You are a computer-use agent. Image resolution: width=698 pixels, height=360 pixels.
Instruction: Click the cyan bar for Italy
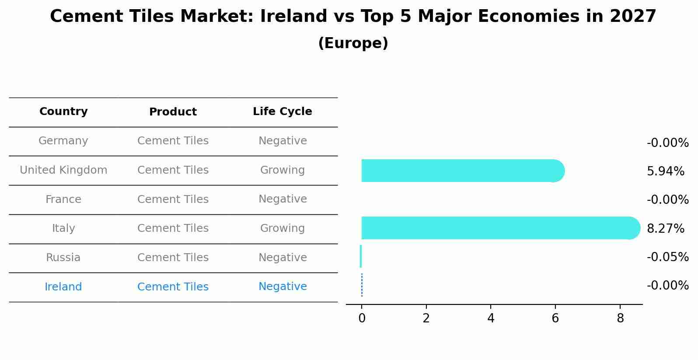(499, 228)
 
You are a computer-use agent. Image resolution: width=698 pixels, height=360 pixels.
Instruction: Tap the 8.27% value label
(665, 228)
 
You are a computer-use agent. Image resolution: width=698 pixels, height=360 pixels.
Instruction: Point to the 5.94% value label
(665, 171)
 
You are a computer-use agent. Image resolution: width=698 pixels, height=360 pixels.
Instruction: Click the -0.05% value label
(667, 257)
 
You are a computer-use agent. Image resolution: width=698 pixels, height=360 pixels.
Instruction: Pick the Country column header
(63, 112)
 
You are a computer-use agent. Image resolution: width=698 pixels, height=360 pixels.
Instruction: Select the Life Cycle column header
(282, 112)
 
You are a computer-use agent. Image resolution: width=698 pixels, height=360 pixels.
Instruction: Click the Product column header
(173, 112)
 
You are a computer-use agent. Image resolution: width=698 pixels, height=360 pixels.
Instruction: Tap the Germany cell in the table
(63, 141)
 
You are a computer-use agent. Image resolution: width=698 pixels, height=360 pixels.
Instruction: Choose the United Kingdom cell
(63, 170)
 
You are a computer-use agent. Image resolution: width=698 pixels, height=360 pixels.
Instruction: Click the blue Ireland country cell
(63, 287)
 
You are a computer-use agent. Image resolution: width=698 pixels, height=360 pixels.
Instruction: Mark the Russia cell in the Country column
(63, 258)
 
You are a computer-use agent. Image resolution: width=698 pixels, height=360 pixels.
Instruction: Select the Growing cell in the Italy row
(282, 228)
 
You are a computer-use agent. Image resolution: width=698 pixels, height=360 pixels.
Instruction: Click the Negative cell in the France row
(282, 199)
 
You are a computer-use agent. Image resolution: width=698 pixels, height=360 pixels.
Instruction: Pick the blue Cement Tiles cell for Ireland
(173, 287)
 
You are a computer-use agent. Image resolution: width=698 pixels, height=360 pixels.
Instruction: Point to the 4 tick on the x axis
(491, 318)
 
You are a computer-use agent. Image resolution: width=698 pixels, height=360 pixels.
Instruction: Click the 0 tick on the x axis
(362, 318)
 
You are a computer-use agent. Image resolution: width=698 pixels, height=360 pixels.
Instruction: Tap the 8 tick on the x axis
(620, 318)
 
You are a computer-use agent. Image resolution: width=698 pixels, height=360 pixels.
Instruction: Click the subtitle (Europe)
(353, 43)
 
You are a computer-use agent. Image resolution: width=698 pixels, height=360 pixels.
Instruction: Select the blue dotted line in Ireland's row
(362, 285)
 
